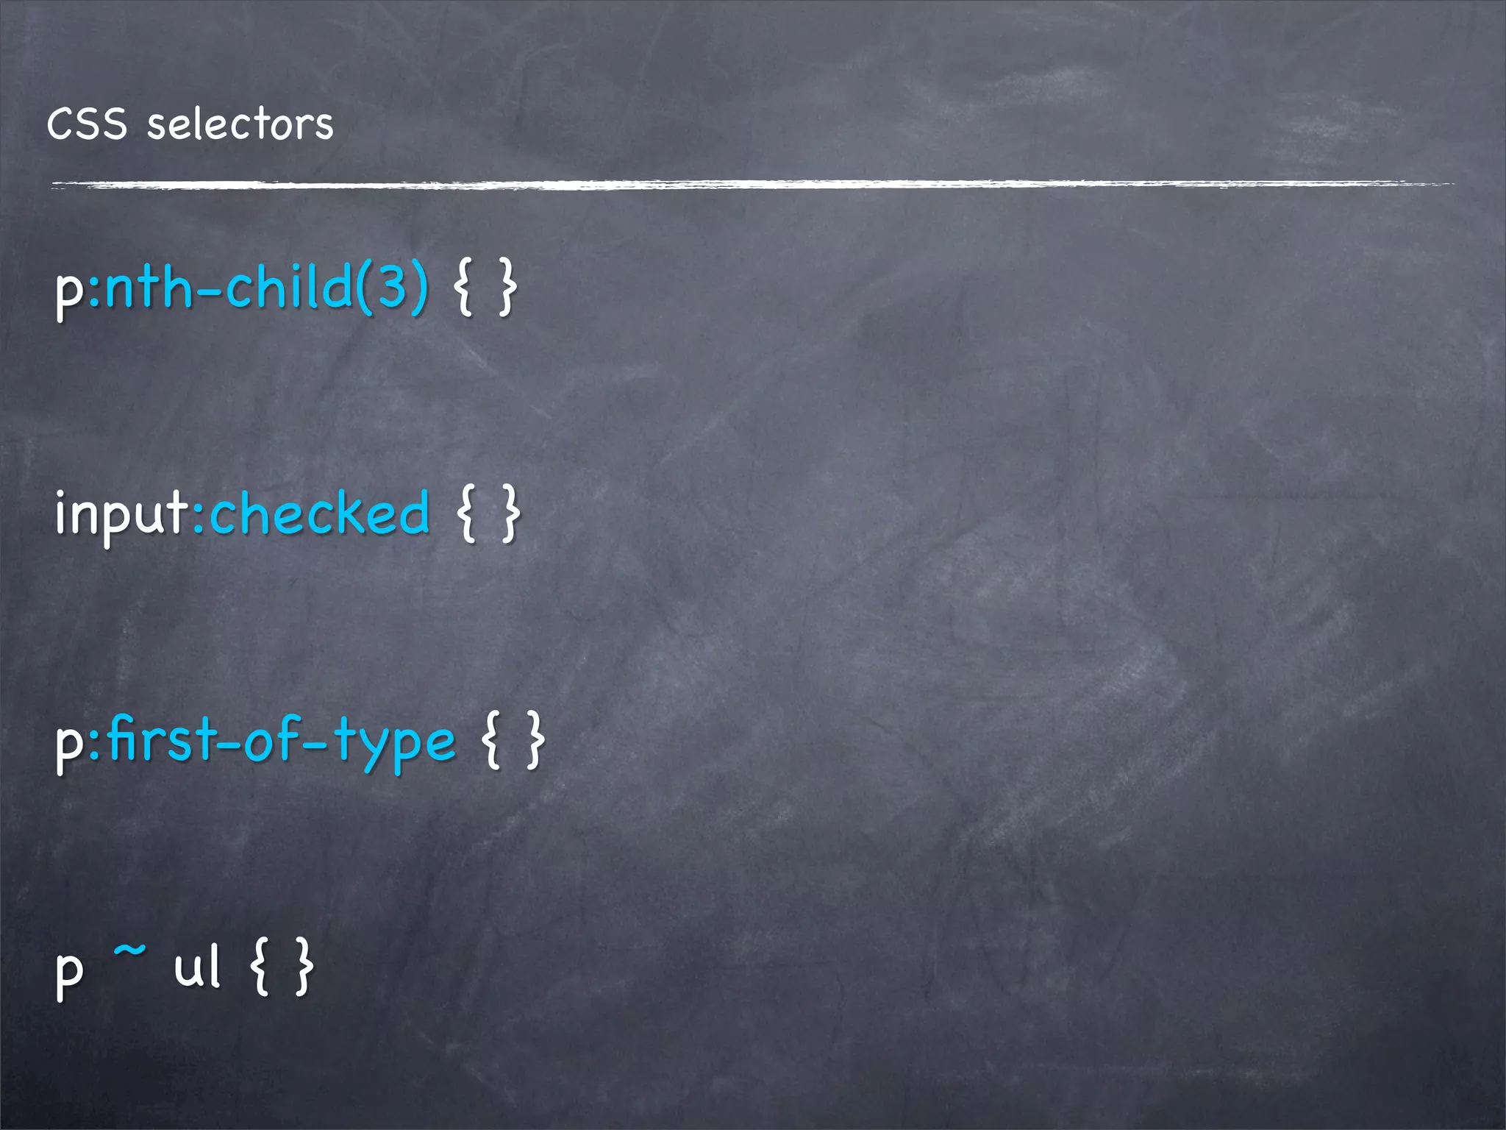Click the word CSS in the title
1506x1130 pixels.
coord(87,124)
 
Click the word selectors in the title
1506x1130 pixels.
coord(240,124)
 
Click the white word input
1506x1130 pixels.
coord(122,515)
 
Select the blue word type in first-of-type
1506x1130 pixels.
coord(394,743)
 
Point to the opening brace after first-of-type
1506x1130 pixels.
coord(492,742)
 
